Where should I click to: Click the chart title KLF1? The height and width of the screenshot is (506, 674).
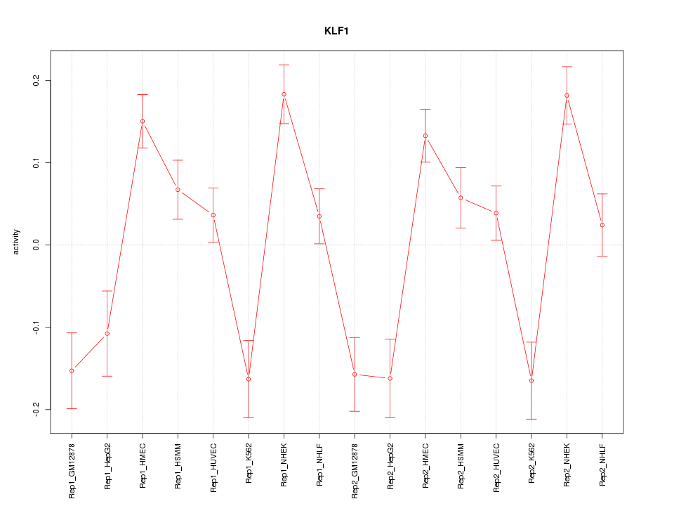[x=337, y=31]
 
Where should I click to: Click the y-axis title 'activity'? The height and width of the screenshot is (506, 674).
[x=16, y=245]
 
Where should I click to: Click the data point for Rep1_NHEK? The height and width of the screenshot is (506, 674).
[x=284, y=94]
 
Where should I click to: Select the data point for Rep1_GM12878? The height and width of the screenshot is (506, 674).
[x=72, y=370]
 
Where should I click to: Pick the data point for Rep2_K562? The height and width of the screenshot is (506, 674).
[x=531, y=380]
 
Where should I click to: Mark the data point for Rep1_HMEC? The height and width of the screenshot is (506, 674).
[x=143, y=121]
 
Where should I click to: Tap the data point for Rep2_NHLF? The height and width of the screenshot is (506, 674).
[x=602, y=225]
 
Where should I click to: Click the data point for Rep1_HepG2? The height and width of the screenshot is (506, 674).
[x=107, y=333]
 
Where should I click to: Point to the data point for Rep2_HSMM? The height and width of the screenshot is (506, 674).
[x=461, y=197]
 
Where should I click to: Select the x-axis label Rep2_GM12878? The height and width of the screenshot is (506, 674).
[x=355, y=470]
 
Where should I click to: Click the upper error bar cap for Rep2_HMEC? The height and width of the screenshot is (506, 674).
[x=425, y=109]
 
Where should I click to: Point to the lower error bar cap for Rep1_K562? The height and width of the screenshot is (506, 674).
[x=249, y=417]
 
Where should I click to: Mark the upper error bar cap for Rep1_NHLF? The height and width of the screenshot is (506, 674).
[x=319, y=188]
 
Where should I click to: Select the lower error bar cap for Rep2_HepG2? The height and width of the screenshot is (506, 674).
[x=390, y=417]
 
